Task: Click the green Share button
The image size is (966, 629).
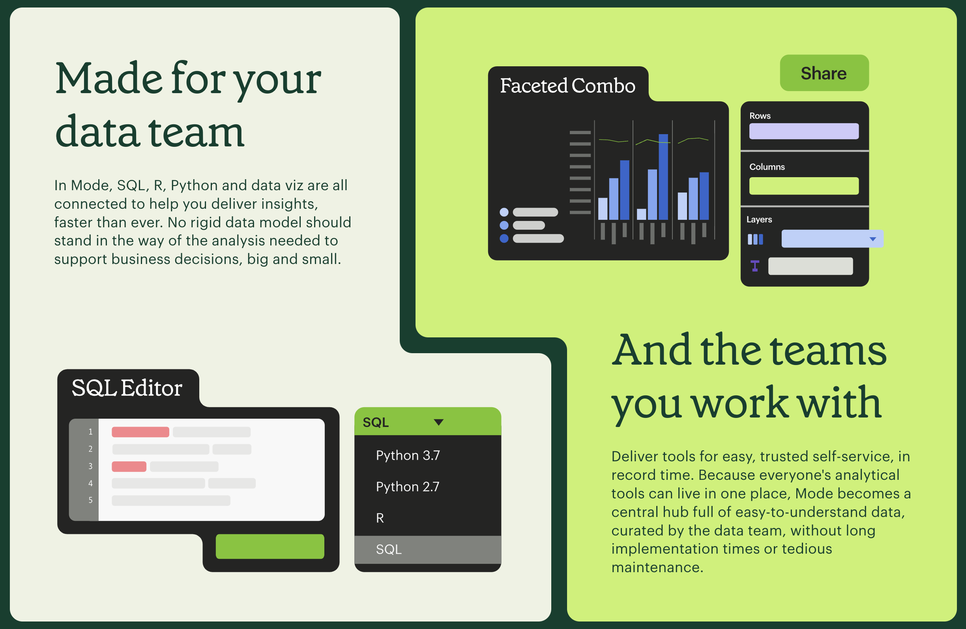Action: tap(824, 73)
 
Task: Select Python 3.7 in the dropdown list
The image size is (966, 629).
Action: tap(408, 455)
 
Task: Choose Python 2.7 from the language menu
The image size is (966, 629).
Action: tap(408, 487)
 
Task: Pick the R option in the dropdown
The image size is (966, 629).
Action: tap(380, 518)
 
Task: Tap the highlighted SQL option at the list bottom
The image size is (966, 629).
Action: tap(427, 549)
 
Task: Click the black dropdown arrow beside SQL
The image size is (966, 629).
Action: tap(438, 423)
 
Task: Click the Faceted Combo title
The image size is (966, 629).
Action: tap(567, 86)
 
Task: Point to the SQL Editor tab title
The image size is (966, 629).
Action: tap(127, 388)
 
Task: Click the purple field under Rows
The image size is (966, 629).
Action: tap(804, 131)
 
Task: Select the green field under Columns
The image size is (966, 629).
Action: tap(804, 186)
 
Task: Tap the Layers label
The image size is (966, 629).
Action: tap(759, 219)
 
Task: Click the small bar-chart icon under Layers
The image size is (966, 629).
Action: tap(755, 240)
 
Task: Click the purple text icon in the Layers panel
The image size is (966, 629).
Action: tap(755, 266)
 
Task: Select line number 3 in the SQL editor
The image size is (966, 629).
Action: tap(90, 466)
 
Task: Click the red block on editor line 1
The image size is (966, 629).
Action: tap(140, 432)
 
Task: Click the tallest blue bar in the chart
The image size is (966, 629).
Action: tap(663, 177)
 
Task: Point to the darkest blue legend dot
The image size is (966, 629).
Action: tap(504, 238)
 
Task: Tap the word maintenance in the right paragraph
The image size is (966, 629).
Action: tap(657, 567)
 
